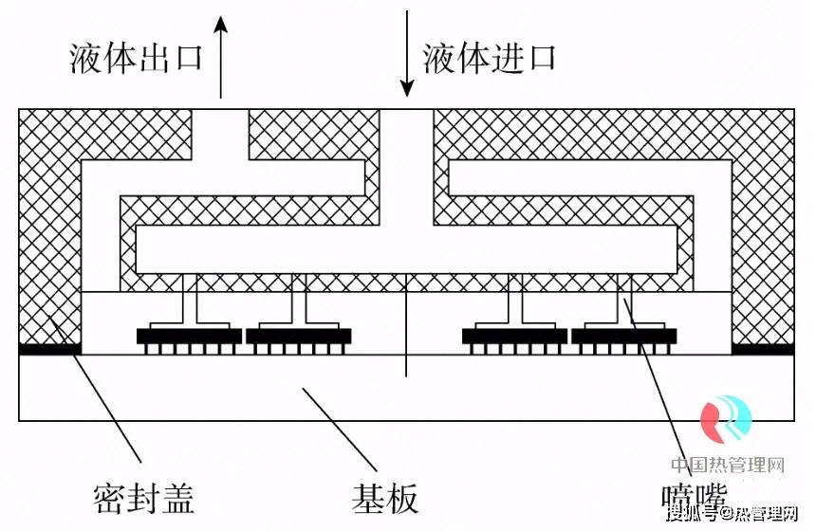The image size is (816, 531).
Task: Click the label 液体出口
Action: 137,58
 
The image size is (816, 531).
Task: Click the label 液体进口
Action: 489,58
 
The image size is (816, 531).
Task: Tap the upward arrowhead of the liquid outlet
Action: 221,24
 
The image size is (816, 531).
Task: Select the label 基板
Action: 384,496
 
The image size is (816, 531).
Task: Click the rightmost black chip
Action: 623,336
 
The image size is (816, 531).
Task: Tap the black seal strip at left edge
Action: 49,349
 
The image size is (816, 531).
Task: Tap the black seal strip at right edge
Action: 762,349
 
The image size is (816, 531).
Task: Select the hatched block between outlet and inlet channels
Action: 306,134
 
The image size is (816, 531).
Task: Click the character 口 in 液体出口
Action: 187,58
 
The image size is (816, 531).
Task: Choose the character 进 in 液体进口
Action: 506,58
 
